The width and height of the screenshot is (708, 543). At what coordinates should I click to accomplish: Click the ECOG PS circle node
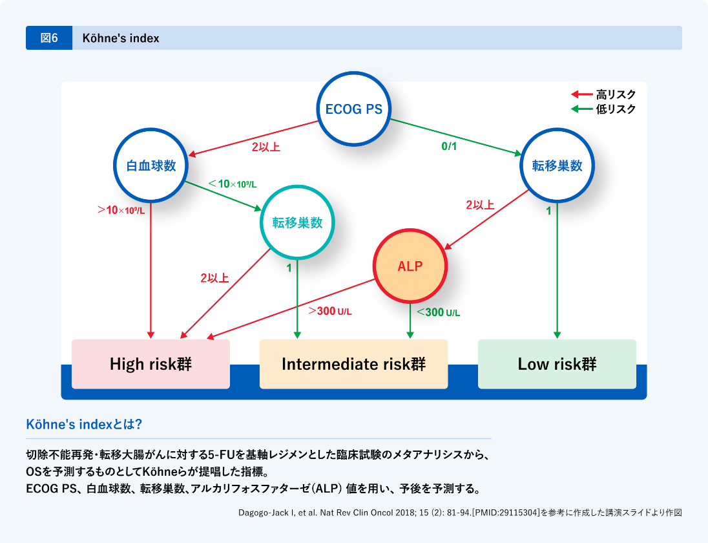[353, 109]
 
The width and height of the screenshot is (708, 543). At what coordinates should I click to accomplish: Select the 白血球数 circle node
[151, 165]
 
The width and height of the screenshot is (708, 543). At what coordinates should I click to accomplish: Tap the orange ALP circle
[411, 266]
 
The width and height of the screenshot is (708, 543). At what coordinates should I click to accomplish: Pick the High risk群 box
[151, 364]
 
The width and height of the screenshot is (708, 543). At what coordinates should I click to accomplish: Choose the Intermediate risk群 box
[353, 364]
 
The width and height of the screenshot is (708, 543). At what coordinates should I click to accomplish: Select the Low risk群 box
[557, 364]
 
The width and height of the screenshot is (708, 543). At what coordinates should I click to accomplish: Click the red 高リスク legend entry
[604, 94]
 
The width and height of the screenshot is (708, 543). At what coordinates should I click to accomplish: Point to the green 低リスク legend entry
[604, 109]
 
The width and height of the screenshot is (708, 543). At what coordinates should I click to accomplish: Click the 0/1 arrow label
[449, 147]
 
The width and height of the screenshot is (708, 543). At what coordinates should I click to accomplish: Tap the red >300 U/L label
[330, 312]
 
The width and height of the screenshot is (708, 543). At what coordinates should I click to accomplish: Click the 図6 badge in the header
[49, 38]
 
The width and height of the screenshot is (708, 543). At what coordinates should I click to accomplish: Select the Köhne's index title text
[121, 38]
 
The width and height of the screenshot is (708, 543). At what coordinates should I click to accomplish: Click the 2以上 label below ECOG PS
[265, 147]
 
